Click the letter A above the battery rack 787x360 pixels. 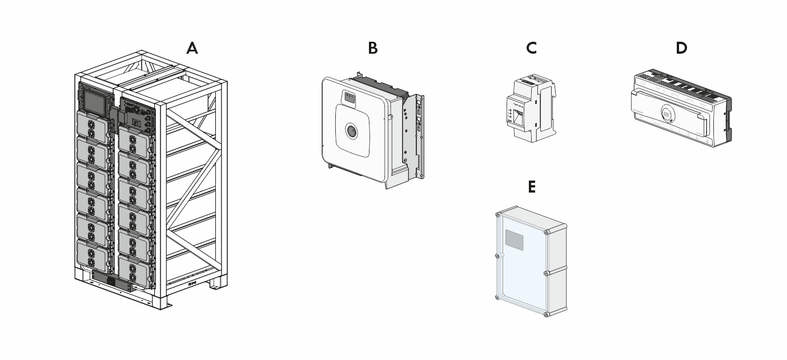pyautogui.click(x=192, y=49)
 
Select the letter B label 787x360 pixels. pyautogui.click(x=372, y=49)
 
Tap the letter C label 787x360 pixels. pyautogui.click(x=531, y=49)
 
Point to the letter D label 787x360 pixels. pyautogui.click(x=681, y=49)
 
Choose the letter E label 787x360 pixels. pyautogui.click(x=532, y=187)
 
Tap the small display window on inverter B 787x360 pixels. pyautogui.click(x=349, y=98)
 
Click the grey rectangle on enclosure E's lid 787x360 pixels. pyautogui.click(x=515, y=241)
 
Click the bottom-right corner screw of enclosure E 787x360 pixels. pyautogui.click(x=547, y=314)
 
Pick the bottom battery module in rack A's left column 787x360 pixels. pyautogui.click(x=91, y=255)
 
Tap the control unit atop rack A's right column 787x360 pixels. pyautogui.click(x=136, y=114)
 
